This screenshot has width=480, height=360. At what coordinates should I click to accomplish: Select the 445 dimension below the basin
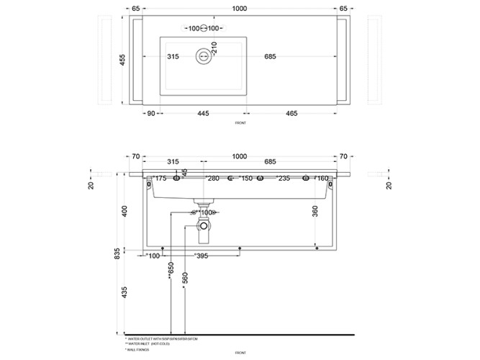pos(203,113)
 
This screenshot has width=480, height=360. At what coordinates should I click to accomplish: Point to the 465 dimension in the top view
pos(292,113)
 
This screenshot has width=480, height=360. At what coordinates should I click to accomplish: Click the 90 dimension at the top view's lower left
pos(151,113)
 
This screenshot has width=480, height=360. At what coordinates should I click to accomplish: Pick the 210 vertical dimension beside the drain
pos(214,48)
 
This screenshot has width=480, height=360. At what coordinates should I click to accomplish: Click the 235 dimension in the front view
pos(283,179)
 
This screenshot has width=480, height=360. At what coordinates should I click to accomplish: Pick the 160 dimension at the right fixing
pos(321,179)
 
